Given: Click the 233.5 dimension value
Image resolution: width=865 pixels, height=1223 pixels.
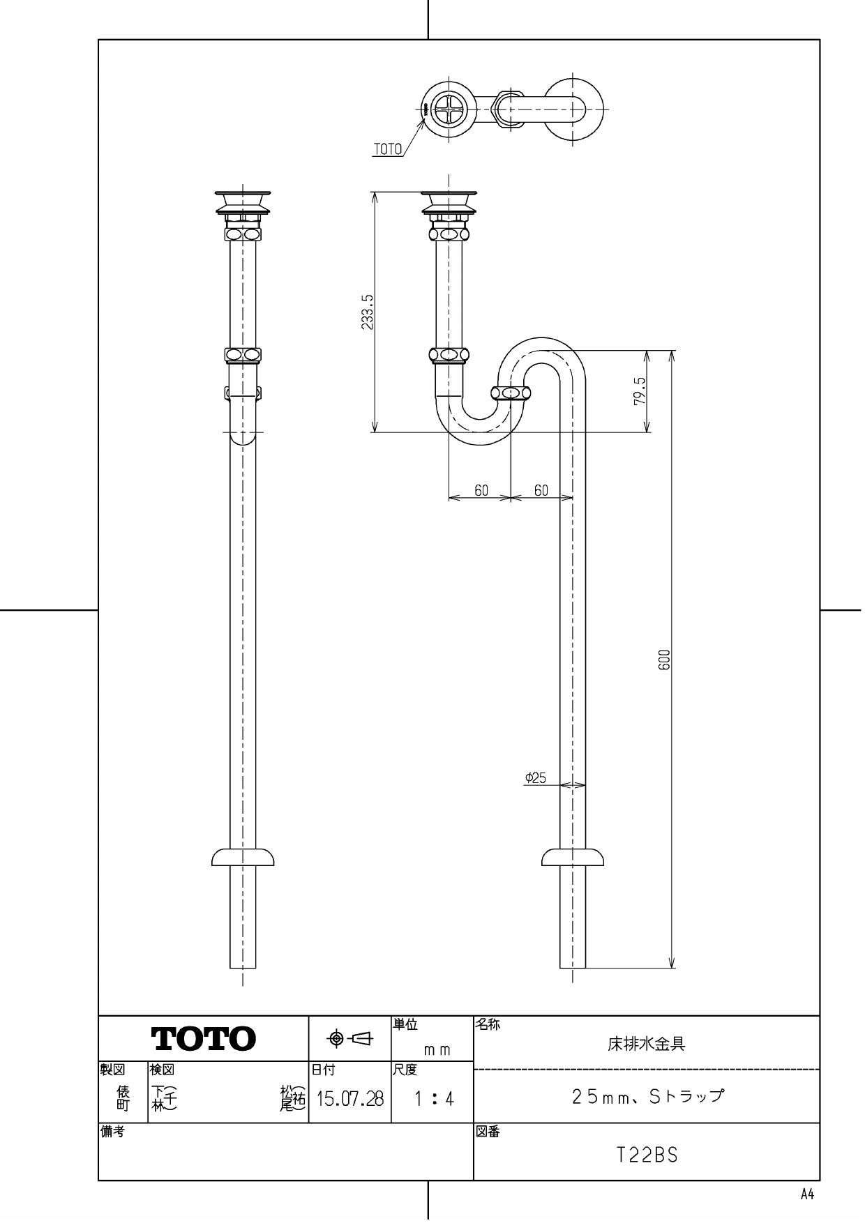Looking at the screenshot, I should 368,312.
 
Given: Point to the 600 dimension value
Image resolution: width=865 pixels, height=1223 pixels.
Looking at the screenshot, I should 664,660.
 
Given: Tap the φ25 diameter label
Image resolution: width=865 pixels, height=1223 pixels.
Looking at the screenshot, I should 536,777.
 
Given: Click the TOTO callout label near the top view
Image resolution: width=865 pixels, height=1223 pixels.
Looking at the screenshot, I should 388,149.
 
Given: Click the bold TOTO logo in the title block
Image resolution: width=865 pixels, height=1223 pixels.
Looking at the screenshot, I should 204,1040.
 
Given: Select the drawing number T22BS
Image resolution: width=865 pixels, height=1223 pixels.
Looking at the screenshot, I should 647,1155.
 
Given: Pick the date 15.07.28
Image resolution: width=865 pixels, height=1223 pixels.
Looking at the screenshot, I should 350,1100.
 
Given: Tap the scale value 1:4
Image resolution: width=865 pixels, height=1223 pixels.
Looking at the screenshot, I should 433,1100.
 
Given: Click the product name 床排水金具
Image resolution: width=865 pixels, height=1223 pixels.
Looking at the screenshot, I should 647,1044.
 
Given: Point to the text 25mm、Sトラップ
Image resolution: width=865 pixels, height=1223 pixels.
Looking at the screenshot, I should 647,1096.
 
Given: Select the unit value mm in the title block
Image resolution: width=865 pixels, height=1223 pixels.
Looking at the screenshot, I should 437,1050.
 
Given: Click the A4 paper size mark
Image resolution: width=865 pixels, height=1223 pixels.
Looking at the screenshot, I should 806,1194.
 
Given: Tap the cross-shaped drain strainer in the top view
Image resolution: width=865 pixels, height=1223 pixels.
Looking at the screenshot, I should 446,109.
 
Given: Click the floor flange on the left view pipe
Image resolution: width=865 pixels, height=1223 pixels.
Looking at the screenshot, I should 243,858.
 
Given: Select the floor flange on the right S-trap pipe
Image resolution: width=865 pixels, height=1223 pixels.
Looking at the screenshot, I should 573,858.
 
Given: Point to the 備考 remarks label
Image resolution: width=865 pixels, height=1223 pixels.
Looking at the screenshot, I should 112,1132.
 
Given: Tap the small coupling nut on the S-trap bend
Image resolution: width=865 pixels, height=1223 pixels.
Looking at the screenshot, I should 511,393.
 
